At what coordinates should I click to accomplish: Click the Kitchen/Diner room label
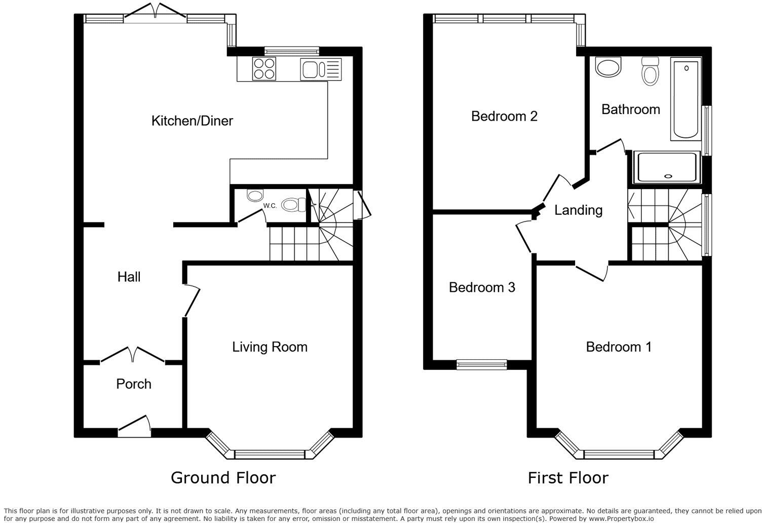tap(192, 121)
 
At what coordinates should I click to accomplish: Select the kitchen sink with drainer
tap(321, 69)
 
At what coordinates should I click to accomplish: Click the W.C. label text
tap(270, 206)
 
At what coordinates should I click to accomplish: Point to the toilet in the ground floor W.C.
tap(293, 204)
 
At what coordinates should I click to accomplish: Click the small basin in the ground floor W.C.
tap(254, 195)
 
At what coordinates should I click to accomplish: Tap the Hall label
tap(129, 277)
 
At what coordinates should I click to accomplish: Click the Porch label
tap(134, 384)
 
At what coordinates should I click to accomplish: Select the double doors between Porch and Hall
tap(133, 355)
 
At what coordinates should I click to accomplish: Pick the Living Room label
tap(270, 347)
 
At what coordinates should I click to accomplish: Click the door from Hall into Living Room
tap(192, 301)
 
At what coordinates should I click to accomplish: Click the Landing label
tap(578, 210)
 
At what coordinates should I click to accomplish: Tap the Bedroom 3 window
tap(481, 364)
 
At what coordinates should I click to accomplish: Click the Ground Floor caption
tap(223, 477)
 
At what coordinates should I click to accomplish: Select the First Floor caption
tap(568, 477)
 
